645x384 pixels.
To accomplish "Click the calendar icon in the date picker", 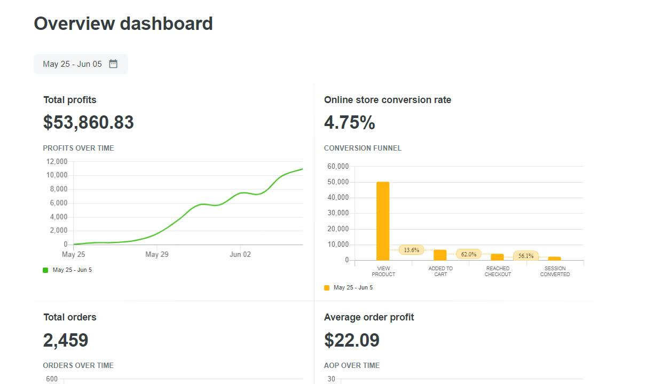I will coord(113,64).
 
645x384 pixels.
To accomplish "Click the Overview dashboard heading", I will coord(123,23).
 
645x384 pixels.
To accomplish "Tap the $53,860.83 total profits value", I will coord(89,122).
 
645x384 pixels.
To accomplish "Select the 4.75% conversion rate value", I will coord(349,122).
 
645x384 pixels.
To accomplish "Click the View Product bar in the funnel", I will coord(383,221).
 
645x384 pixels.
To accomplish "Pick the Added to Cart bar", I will coord(440,255).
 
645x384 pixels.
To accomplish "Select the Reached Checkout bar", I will coord(497,257).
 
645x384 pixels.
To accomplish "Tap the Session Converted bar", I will coord(554,258).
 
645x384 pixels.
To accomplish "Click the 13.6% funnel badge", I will coord(411,249).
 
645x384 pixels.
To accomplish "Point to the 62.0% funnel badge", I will coord(468,254).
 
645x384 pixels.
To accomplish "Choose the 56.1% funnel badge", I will coord(526,256).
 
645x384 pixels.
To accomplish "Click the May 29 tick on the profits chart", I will coord(157,254).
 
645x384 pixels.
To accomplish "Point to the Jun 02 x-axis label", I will coord(240,254).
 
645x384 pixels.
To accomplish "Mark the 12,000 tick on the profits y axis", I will coord(57,161).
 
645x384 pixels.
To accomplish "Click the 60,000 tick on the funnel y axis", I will coord(338,167).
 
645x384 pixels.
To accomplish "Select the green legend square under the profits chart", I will coord(45,270).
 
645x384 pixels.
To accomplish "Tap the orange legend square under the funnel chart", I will coord(327,288).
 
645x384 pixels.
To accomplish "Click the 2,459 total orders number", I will coord(66,340).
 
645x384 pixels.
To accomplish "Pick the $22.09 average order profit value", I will coord(352,340).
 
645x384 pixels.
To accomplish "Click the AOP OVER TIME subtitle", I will coord(352,365).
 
